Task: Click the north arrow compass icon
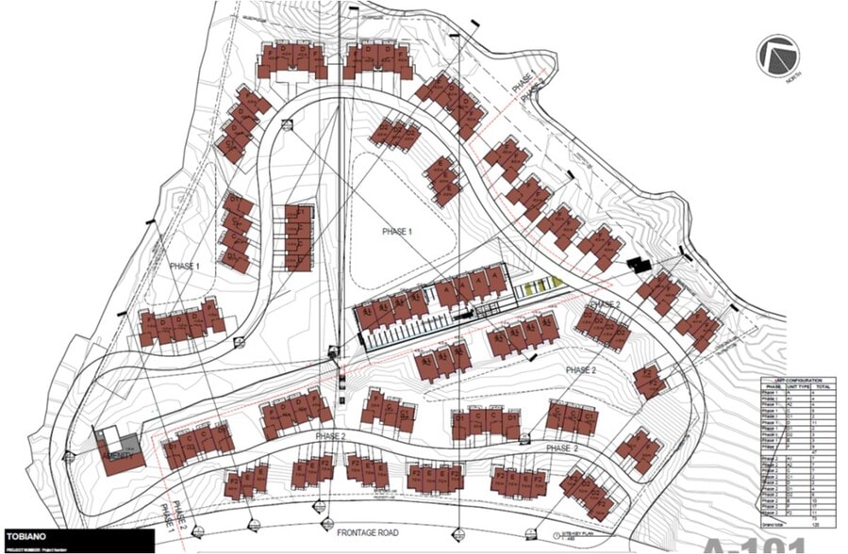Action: [x=776, y=55]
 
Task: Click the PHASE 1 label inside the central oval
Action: [x=396, y=231]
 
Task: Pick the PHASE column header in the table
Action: [x=772, y=387]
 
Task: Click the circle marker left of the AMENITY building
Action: [x=68, y=458]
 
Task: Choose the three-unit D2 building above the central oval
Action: [x=395, y=135]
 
